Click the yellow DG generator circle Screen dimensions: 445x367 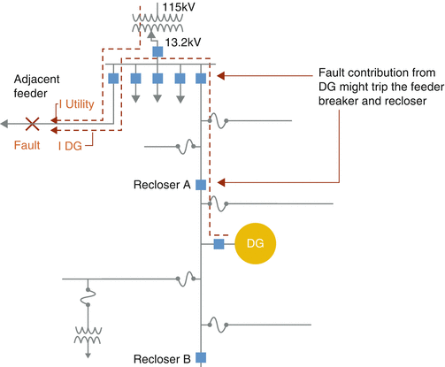(x=255, y=243)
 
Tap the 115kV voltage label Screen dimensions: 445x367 (x=179, y=7)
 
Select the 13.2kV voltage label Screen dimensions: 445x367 (x=183, y=42)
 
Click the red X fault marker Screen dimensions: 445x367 (x=32, y=124)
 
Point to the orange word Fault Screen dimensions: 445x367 (x=27, y=145)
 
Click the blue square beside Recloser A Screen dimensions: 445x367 (x=201, y=185)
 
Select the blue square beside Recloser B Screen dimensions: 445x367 (x=201, y=357)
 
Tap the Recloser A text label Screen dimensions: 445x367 (x=162, y=185)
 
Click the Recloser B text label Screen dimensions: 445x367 (x=162, y=359)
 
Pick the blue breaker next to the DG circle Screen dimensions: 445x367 (x=219, y=244)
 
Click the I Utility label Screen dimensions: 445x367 (x=77, y=104)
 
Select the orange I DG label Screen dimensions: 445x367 (x=70, y=146)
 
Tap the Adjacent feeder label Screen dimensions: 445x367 (x=37, y=86)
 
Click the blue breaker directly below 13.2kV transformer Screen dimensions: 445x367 (x=157, y=51)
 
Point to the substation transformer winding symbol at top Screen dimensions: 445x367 (x=157, y=23)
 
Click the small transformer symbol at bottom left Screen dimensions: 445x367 (x=88, y=335)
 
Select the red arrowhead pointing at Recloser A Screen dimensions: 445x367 (x=221, y=182)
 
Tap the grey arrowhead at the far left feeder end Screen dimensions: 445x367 (x=4, y=124)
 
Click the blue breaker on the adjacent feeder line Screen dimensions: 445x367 (x=113, y=79)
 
